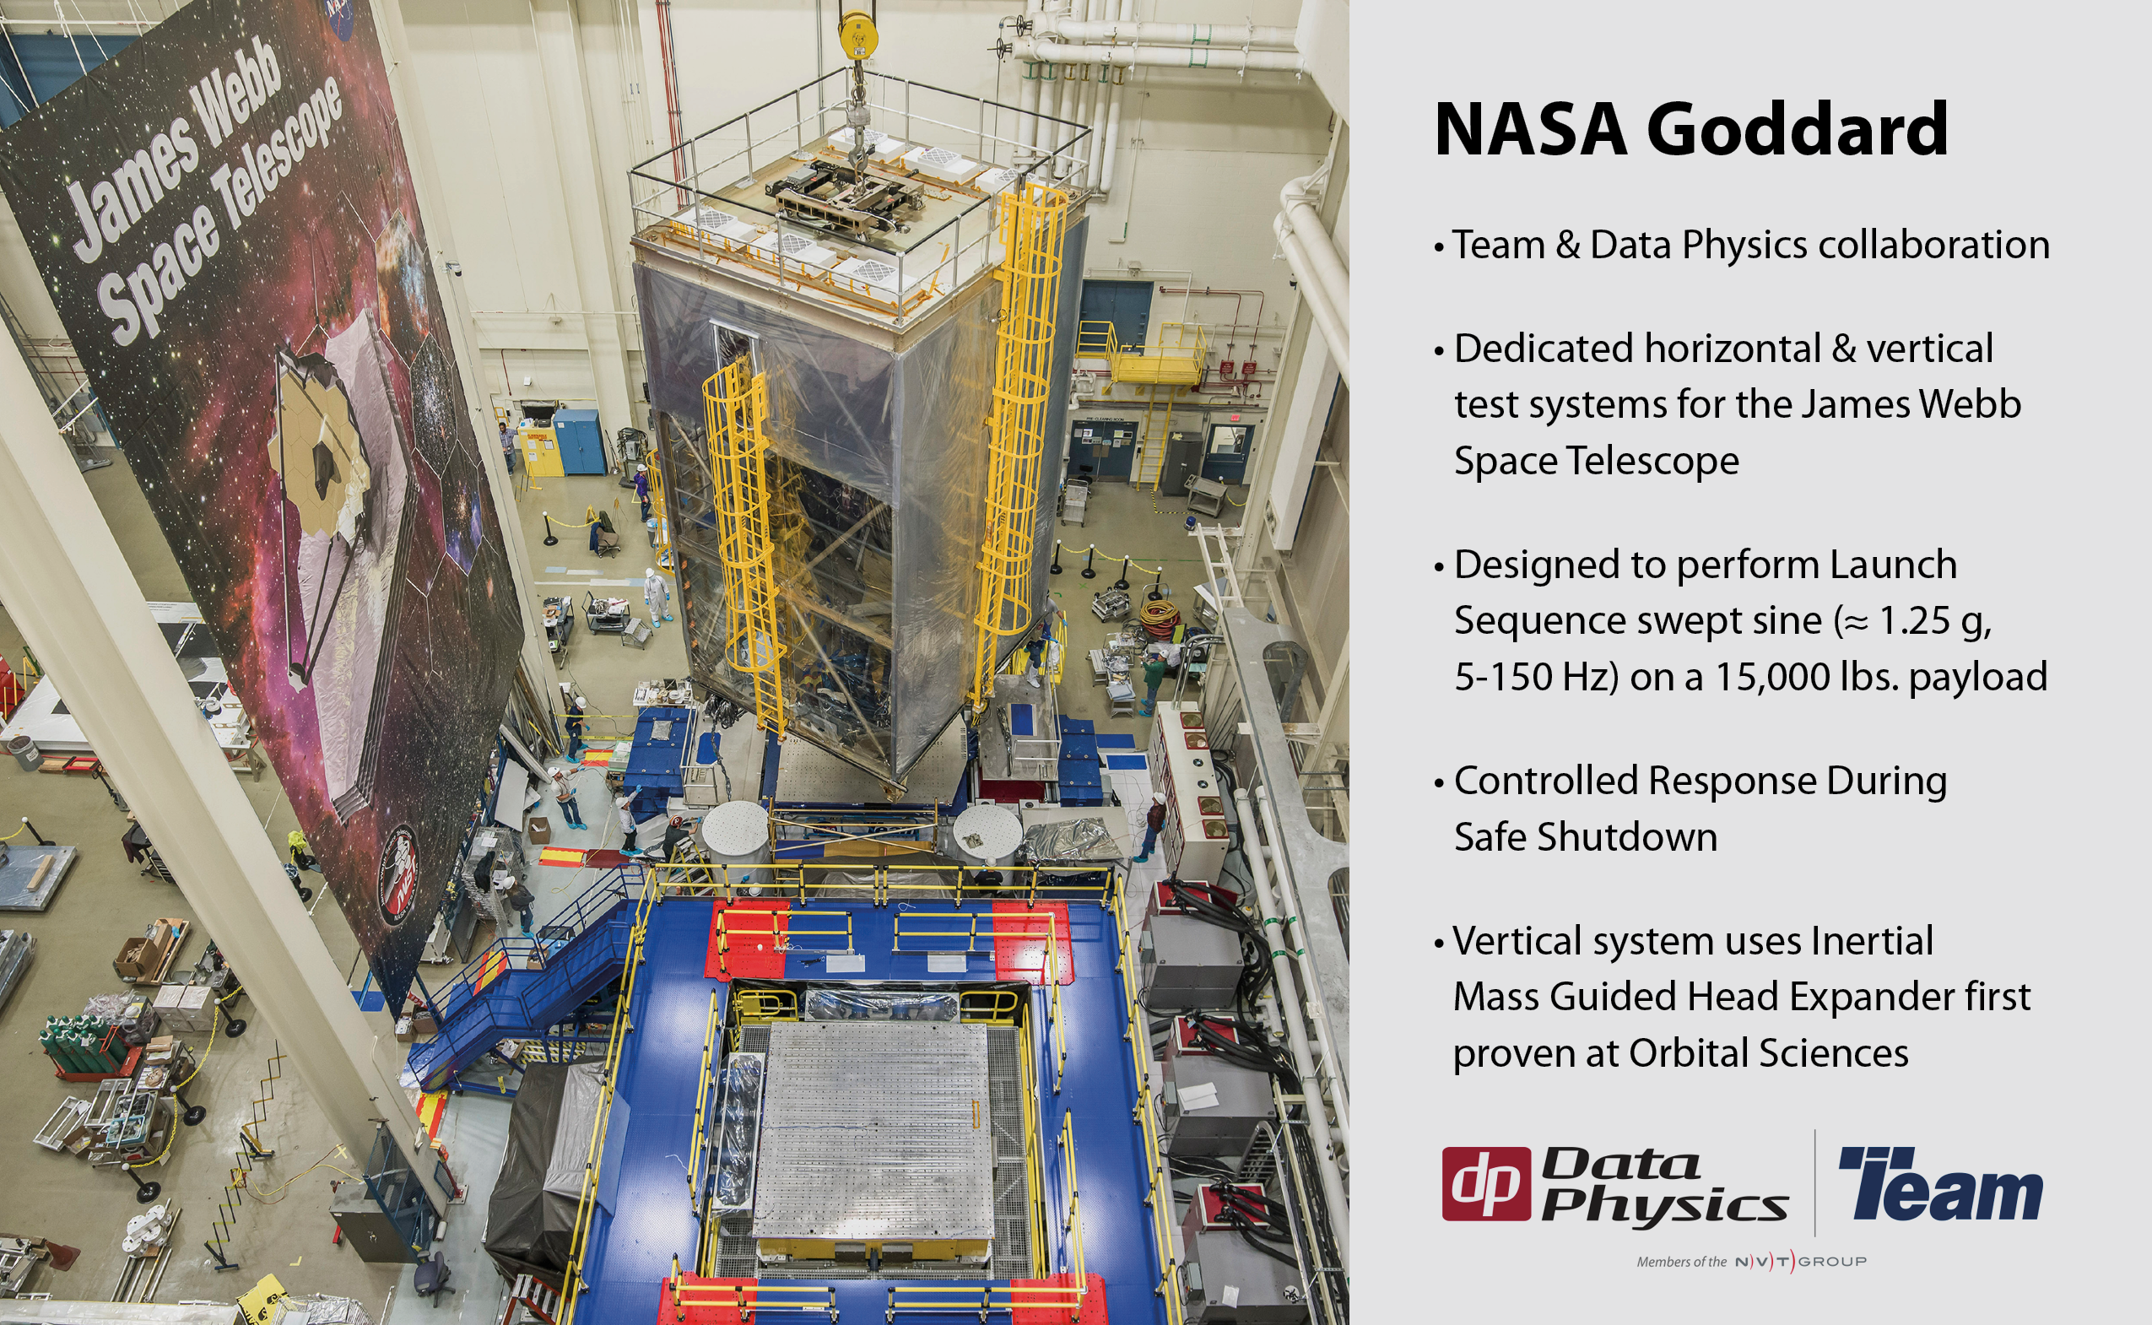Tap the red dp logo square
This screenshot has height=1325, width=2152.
[1487, 1184]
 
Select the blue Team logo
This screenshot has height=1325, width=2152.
[1941, 1183]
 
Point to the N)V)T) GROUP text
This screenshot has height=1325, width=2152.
[1801, 1261]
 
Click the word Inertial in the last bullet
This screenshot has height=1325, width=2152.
[1872, 941]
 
